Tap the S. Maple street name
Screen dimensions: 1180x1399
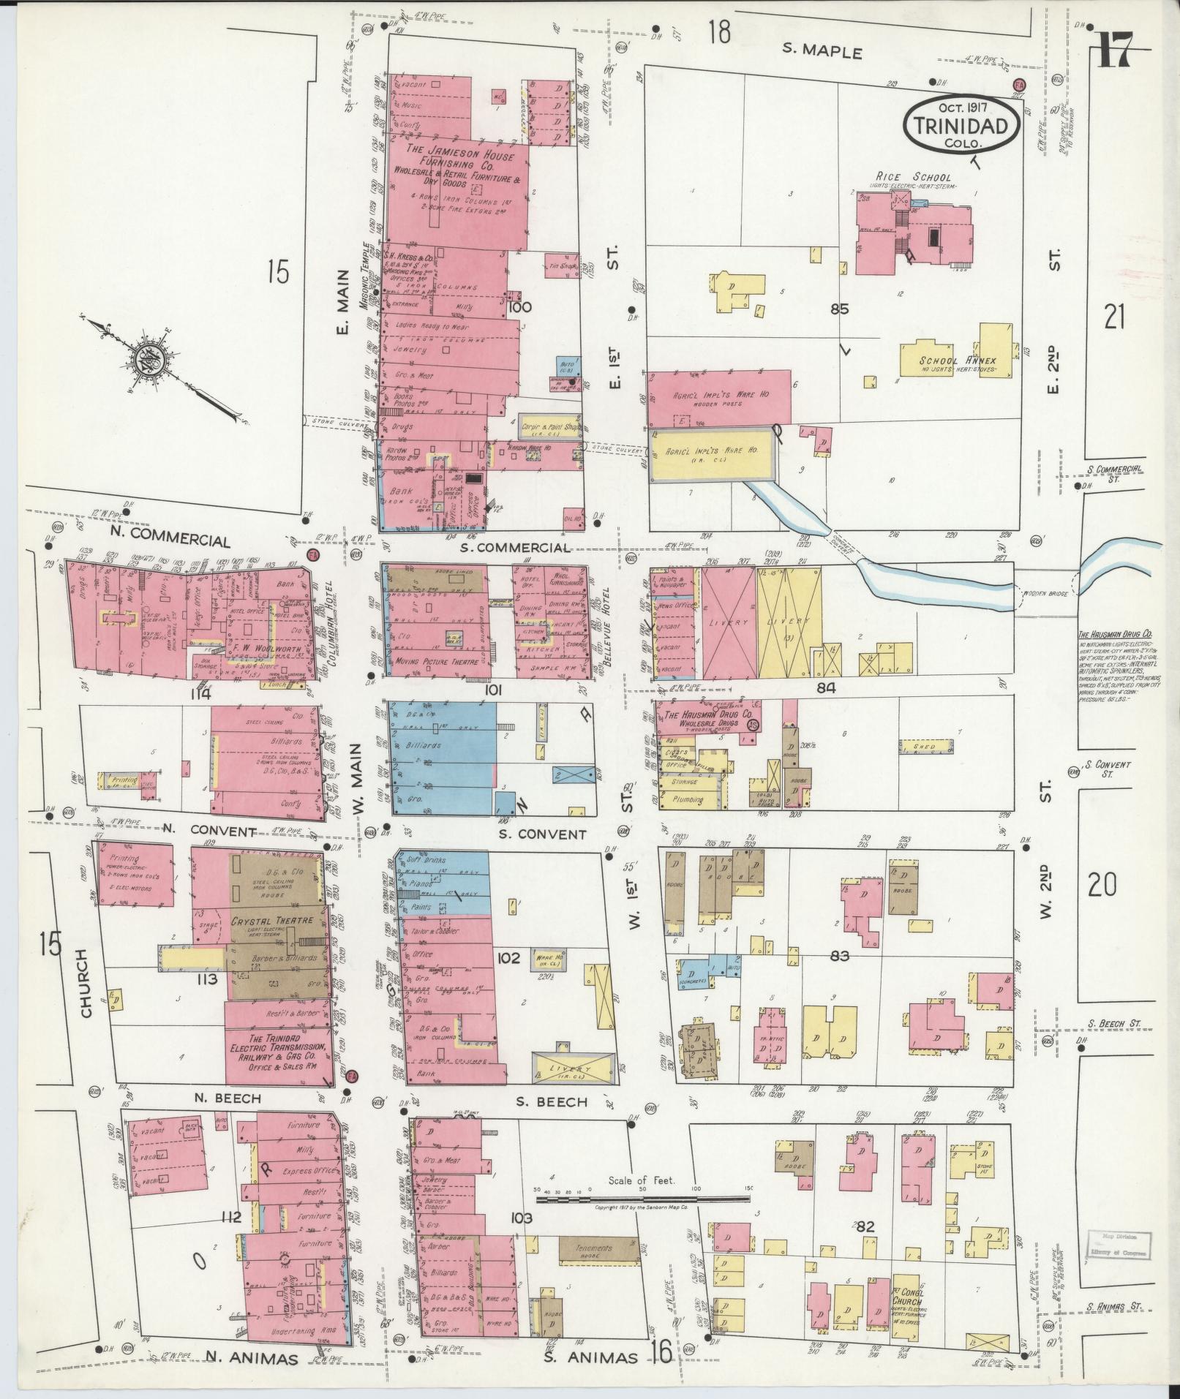[823, 53]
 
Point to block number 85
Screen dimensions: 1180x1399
[839, 309]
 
